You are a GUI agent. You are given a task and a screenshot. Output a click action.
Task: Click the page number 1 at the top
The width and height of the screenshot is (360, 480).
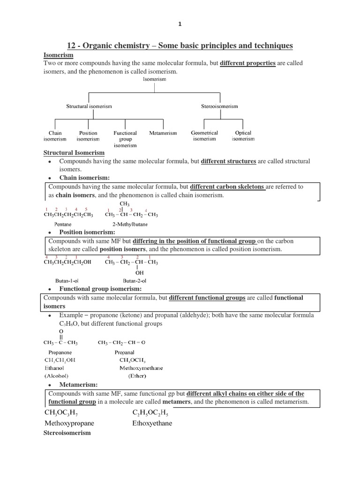tap(180, 23)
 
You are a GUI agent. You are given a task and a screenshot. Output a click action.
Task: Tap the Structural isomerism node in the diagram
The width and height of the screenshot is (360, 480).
tap(89, 106)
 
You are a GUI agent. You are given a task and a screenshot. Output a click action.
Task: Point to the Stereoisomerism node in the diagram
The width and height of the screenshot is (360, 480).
tap(219, 106)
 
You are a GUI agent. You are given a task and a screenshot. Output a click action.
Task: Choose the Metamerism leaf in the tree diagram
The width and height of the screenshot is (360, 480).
tap(163, 133)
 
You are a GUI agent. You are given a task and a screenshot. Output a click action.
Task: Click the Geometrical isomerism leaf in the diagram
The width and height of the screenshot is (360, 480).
tap(204, 136)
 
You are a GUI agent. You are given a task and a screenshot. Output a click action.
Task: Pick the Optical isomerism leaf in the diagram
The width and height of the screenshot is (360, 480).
tap(243, 136)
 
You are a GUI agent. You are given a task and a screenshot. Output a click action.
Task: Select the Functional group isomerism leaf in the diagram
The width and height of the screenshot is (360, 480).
tap(125, 139)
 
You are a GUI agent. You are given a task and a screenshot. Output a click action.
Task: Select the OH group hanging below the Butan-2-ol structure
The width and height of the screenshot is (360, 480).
tap(139, 272)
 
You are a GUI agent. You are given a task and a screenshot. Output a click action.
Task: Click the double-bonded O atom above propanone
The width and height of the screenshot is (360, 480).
tap(61, 331)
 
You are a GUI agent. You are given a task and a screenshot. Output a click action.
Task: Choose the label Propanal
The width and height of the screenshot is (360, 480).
tap(124, 352)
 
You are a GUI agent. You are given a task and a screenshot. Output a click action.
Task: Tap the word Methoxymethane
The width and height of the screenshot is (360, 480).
tap(141, 368)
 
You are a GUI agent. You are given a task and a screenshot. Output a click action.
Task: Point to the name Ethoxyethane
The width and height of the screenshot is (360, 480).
tap(152, 423)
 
